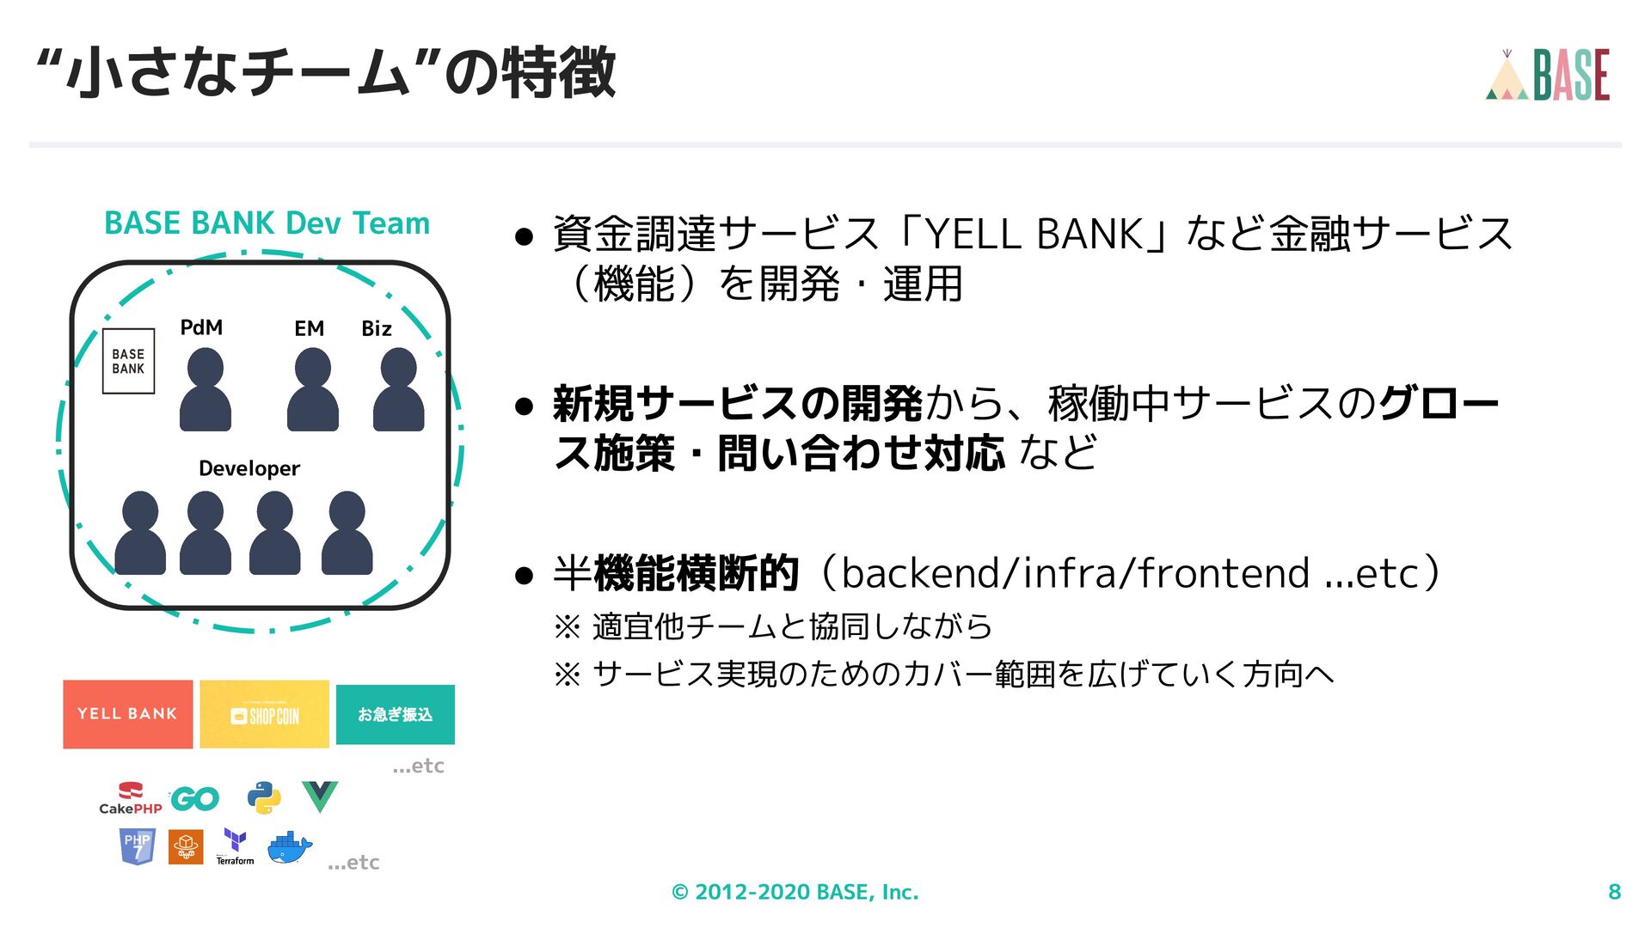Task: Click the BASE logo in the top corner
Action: coord(1548,76)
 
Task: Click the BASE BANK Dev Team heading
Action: coord(267,223)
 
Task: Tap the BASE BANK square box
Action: coord(128,361)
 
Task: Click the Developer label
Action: coord(249,468)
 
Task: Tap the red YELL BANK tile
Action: coord(127,714)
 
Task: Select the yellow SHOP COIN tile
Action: coord(264,714)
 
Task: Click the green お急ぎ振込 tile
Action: coord(395,714)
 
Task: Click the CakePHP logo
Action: coord(130,798)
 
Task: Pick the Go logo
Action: coord(195,799)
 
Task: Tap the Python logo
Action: coord(264,798)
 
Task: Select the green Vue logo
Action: coord(320,797)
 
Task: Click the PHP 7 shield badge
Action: coord(138,847)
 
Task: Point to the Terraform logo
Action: coord(235,847)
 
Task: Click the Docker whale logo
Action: coord(290,848)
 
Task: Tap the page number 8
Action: coord(1614,892)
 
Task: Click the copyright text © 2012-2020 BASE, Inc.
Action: coord(795,892)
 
